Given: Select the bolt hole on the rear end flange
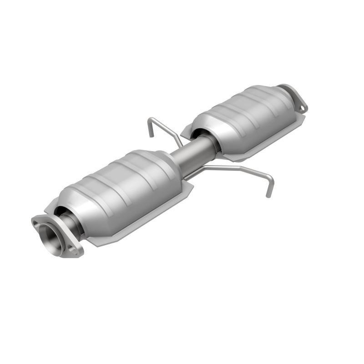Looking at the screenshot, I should tap(302, 107).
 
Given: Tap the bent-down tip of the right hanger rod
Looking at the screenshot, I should tap(269, 194).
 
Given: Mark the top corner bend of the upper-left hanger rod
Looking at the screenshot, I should tap(152, 119).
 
